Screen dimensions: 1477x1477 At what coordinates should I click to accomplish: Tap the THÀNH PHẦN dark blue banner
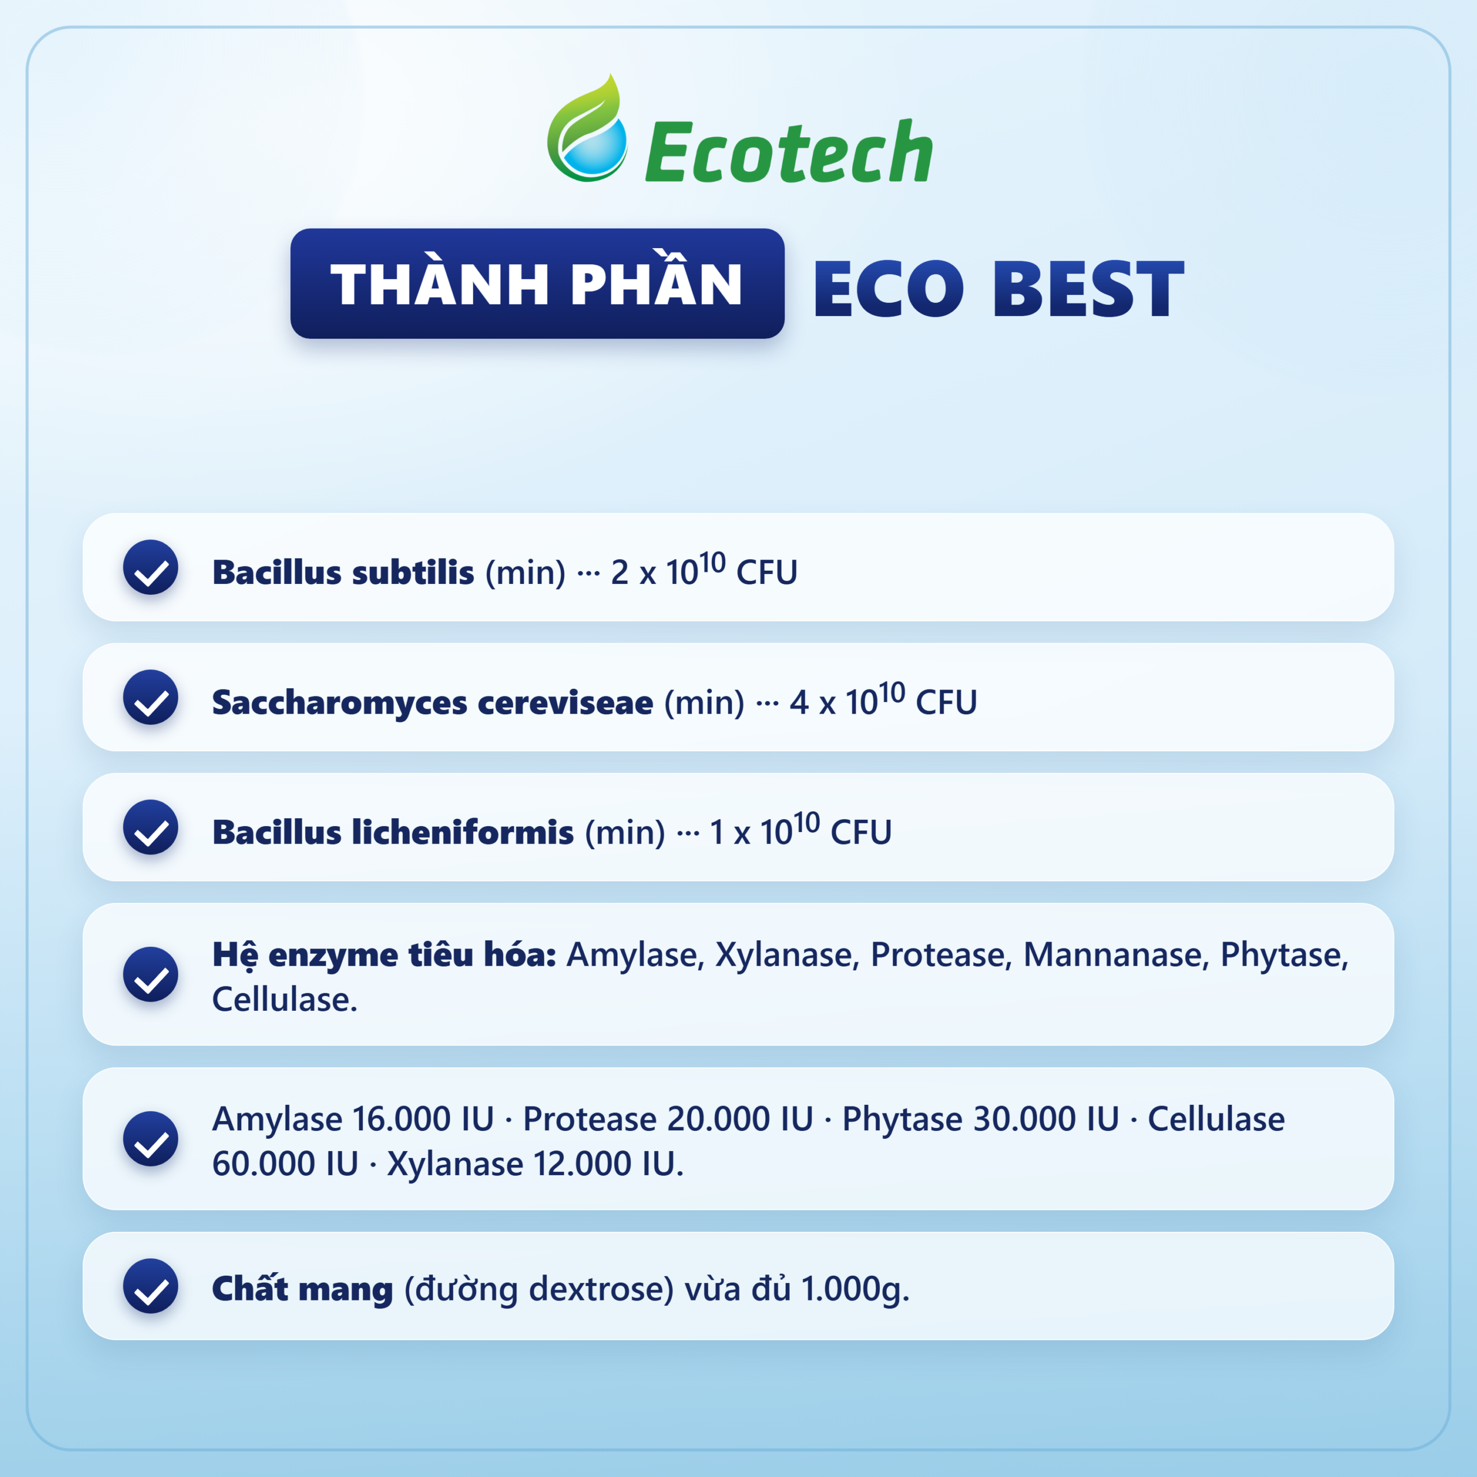coord(538,284)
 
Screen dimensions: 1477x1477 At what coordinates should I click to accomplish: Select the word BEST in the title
coord(1088,288)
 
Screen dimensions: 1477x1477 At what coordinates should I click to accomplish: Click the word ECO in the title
coord(889,288)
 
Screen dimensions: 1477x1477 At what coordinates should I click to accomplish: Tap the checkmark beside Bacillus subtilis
coord(151,567)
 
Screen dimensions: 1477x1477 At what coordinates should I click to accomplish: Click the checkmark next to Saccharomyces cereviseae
coord(151,697)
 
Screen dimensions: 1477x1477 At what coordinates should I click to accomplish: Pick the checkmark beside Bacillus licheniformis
coord(151,827)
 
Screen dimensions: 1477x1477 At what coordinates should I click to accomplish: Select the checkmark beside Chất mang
coord(151,1286)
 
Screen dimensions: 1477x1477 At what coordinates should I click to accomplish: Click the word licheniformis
coord(463,832)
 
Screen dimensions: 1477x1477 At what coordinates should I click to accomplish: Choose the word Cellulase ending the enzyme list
coord(284,1000)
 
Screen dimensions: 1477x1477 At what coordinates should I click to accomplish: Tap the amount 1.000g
coord(854,1289)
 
